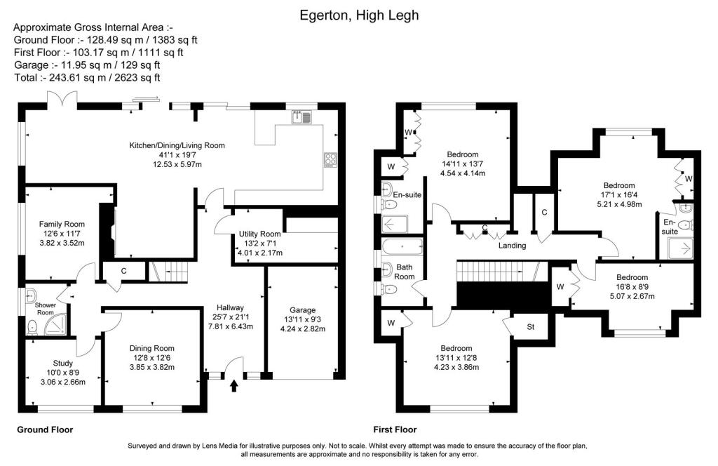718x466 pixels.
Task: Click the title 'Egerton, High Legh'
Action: (x=358, y=14)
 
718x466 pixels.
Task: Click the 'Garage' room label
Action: (x=303, y=309)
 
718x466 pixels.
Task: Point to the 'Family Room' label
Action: (x=61, y=224)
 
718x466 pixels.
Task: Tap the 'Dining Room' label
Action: (x=151, y=348)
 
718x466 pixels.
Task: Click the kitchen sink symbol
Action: (x=305, y=116)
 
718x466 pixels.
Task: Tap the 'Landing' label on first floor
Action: (x=512, y=246)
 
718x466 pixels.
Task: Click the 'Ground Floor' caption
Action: (x=45, y=430)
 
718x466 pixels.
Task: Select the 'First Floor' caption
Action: (x=395, y=430)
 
